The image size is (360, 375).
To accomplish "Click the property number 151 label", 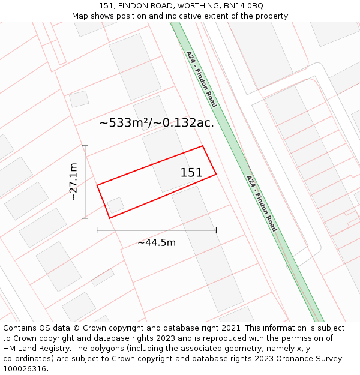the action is coord(191,173).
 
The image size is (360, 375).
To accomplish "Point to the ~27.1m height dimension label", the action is coord(73,182).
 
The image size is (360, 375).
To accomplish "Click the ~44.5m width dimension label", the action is coord(157,242).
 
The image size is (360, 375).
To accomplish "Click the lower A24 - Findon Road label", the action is coord(262,203).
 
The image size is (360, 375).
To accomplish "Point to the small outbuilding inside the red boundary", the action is coord(115,205).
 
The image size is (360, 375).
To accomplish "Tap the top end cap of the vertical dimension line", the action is coord(85,146).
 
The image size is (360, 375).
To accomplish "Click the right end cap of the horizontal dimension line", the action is coord(216,230).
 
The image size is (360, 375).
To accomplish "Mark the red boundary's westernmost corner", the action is coord(97,185).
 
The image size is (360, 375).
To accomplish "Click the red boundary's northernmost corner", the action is coord(202,146).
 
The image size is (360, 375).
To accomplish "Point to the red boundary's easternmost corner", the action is coord(216,174).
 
